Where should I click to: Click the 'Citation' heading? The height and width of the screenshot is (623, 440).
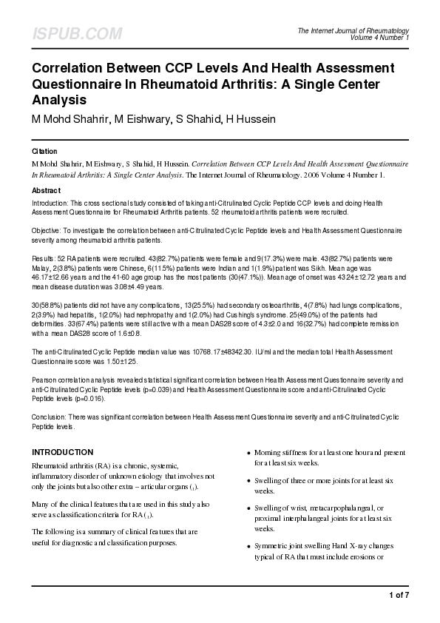pos(44,151)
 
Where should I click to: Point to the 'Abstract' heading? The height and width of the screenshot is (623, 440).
pos(47,190)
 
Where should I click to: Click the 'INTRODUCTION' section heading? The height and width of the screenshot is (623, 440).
pos(62,452)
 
